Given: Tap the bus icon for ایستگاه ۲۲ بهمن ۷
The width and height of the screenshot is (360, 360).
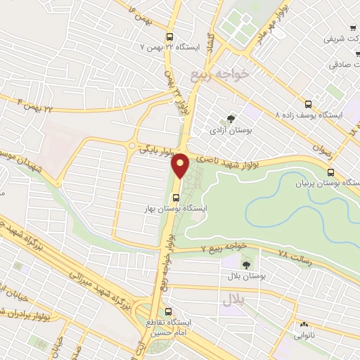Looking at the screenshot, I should (169, 37).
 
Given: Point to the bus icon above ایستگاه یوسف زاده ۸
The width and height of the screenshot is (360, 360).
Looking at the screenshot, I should (308, 103).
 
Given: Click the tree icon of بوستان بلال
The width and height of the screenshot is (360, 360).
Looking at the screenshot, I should (246, 264).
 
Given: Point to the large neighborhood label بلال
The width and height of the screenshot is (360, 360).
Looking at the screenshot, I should (233, 300).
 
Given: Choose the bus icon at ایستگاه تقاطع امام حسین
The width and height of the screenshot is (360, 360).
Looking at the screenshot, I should (168, 311).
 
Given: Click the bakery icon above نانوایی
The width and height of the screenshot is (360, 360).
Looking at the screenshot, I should (304, 325).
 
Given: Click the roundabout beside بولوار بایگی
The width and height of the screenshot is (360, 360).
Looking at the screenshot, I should (132, 146).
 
